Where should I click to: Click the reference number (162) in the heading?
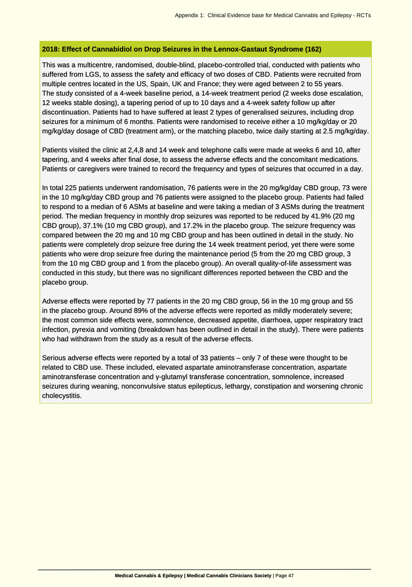pos(313,49)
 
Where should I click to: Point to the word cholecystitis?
pos(62,395)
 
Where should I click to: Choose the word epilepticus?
pos(204,386)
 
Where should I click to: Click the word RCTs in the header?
pos(363,15)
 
